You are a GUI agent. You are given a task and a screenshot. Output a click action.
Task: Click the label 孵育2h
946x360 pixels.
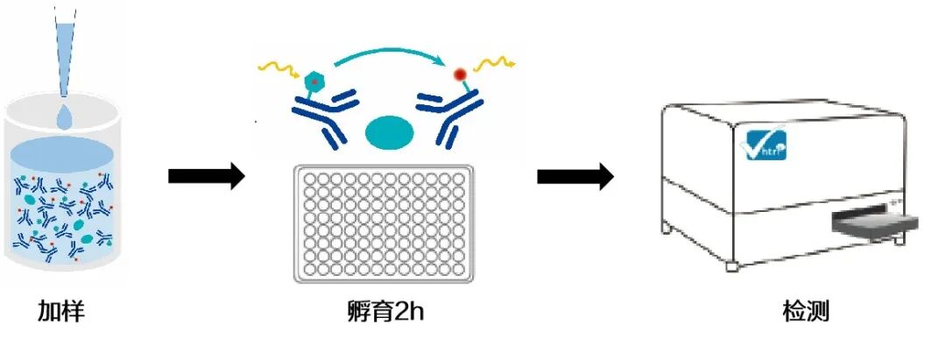[381, 312]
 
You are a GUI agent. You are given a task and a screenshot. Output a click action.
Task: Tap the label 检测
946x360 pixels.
[806, 312]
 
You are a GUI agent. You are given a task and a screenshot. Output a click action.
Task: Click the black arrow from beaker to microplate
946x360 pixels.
[206, 178]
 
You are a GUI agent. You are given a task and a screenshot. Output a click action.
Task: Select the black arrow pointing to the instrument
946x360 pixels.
[575, 178]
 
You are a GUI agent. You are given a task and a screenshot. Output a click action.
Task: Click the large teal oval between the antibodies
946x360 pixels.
[389, 132]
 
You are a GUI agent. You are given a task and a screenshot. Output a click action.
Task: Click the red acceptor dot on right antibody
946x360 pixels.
[459, 75]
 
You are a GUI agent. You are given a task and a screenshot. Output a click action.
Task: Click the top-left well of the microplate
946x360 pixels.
[308, 180]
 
